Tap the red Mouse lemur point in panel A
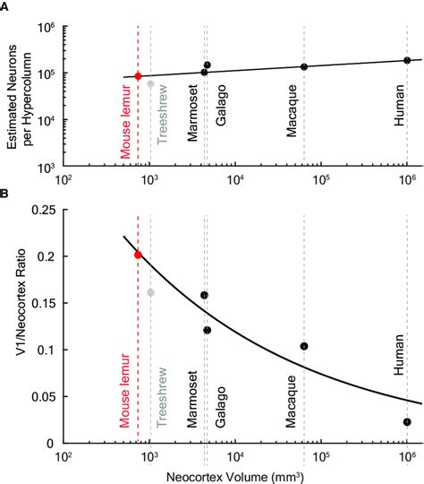tap(138, 76)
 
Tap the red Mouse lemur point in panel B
tap(138, 255)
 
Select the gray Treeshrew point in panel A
tap(151, 84)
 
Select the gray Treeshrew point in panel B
tap(151, 292)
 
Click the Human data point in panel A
tap(407, 60)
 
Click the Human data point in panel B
tap(407, 422)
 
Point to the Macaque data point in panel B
tap(304, 346)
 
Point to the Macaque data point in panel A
tap(304, 67)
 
